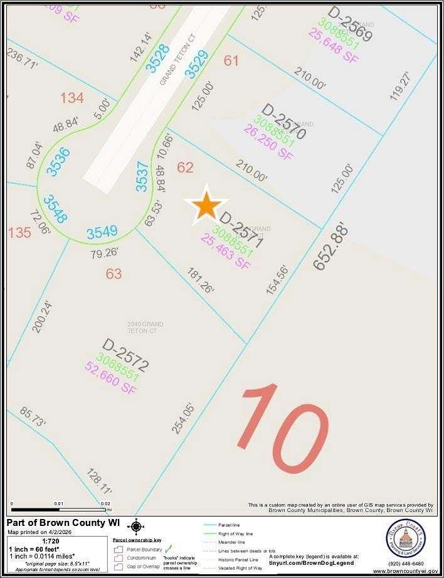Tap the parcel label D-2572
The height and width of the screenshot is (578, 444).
coord(125,356)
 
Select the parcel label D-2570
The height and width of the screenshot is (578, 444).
coord(283,122)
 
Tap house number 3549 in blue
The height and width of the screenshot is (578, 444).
coord(102,232)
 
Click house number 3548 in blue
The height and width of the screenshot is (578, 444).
coord(55,209)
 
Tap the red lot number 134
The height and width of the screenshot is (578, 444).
coord(71,98)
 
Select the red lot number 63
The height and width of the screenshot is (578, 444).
coord(114,274)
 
